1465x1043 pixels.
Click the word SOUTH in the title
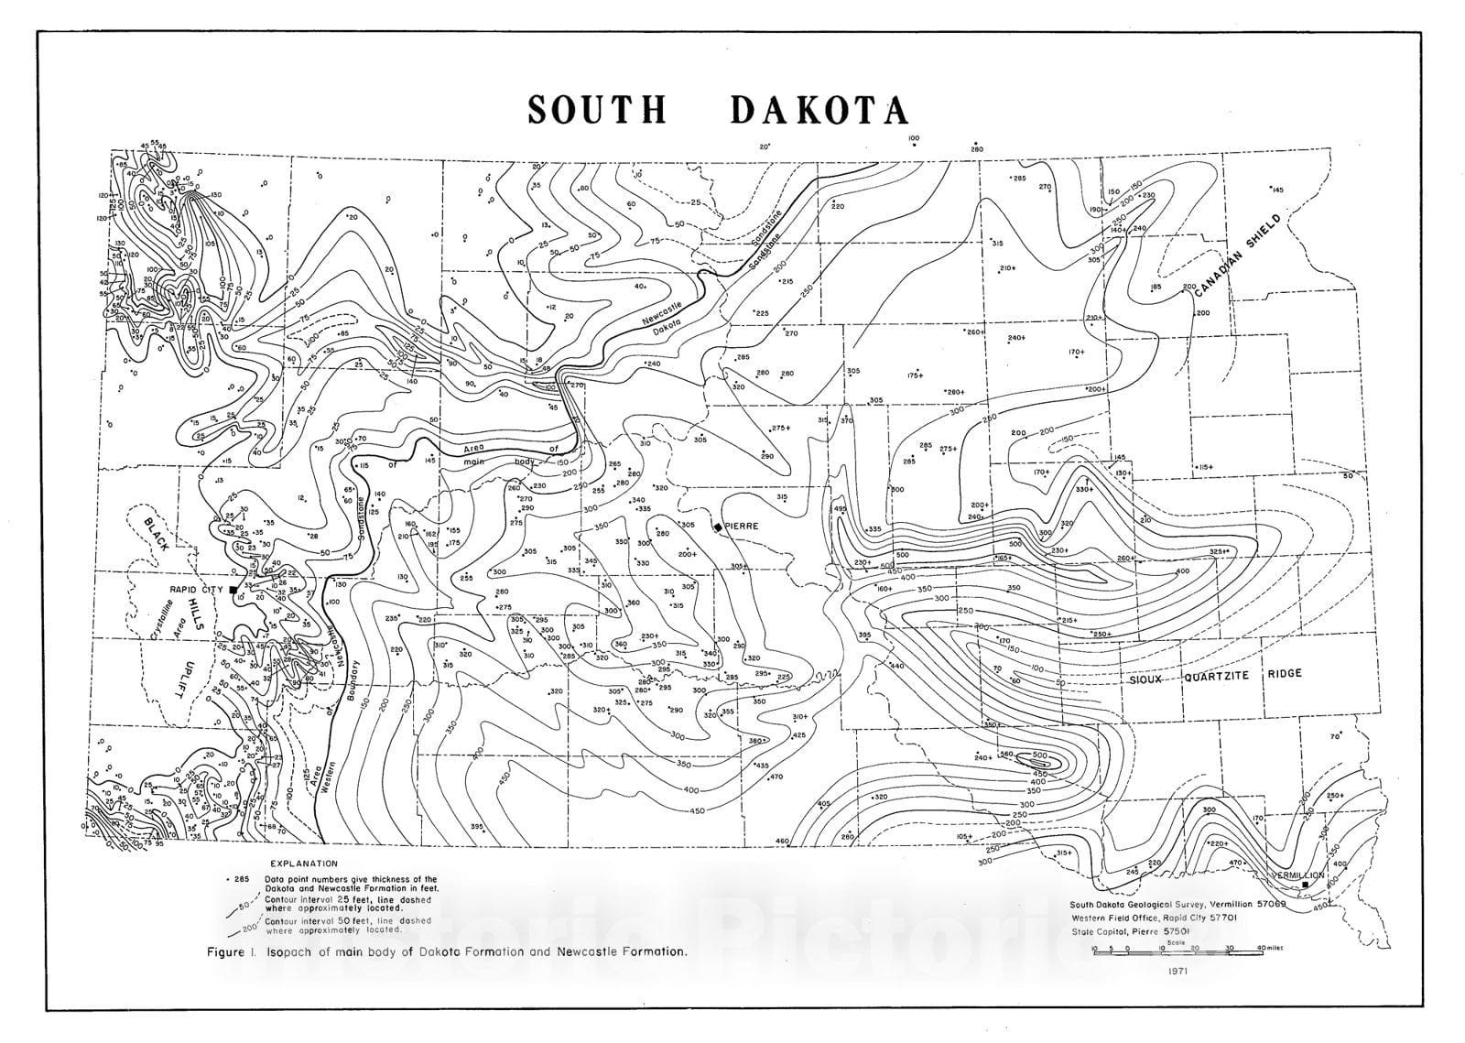tap(597, 110)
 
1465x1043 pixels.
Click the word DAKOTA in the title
tap(819, 110)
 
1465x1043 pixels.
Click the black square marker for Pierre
tap(717, 527)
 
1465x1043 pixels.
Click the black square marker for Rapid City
tap(233, 590)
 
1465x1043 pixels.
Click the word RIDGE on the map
tap(1284, 673)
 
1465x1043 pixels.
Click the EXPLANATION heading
tap(304, 863)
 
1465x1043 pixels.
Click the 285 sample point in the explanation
tap(241, 879)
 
